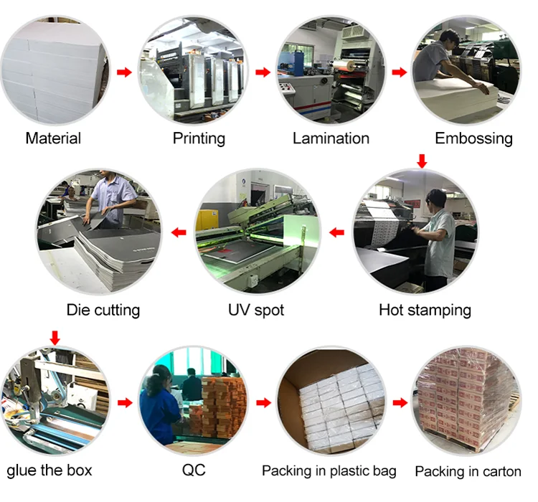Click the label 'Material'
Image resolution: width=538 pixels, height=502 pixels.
click(53, 138)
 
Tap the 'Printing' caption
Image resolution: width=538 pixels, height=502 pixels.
click(199, 138)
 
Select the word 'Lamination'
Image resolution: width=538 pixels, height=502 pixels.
click(331, 138)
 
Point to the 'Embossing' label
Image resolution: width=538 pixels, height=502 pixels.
click(473, 138)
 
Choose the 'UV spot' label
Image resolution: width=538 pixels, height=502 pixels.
click(256, 310)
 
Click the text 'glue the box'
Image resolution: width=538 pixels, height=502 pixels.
click(49, 470)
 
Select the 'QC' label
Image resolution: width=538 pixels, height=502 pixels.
click(194, 470)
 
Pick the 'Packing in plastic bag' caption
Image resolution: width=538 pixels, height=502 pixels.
click(329, 471)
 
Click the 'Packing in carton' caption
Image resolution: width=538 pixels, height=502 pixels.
click(468, 472)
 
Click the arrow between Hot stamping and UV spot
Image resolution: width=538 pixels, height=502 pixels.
click(336, 232)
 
